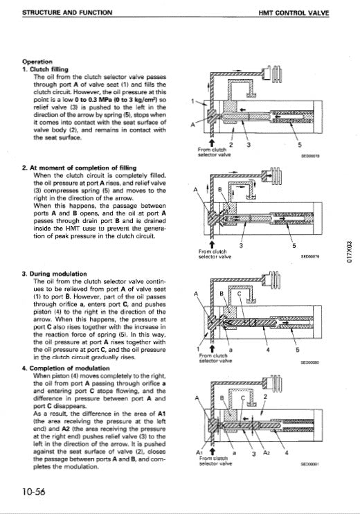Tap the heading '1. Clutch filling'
[x=47, y=69]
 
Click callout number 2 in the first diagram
[x=231, y=144]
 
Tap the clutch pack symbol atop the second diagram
[x=275, y=174]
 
